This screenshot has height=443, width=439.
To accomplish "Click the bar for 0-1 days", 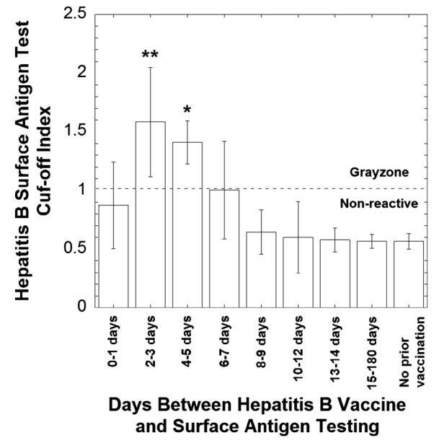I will (x=113, y=255).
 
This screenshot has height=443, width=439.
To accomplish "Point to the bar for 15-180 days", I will (x=371, y=273).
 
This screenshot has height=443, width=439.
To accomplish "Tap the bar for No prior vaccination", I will (x=407, y=273).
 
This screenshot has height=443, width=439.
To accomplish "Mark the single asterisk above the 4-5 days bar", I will (x=187, y=110).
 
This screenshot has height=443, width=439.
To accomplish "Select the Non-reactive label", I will (x=379, y=203).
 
